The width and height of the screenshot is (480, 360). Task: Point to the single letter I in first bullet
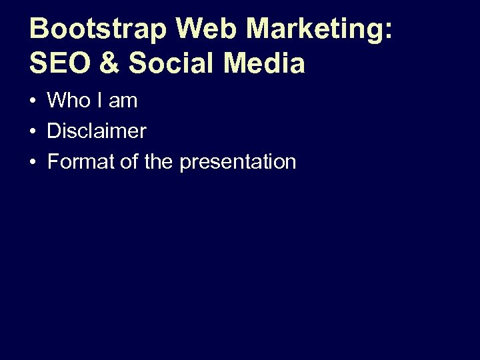(x=100, y=101)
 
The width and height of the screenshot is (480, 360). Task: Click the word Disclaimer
(x=97, y=131)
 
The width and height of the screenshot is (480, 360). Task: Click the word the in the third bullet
(x=158, y=162)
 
